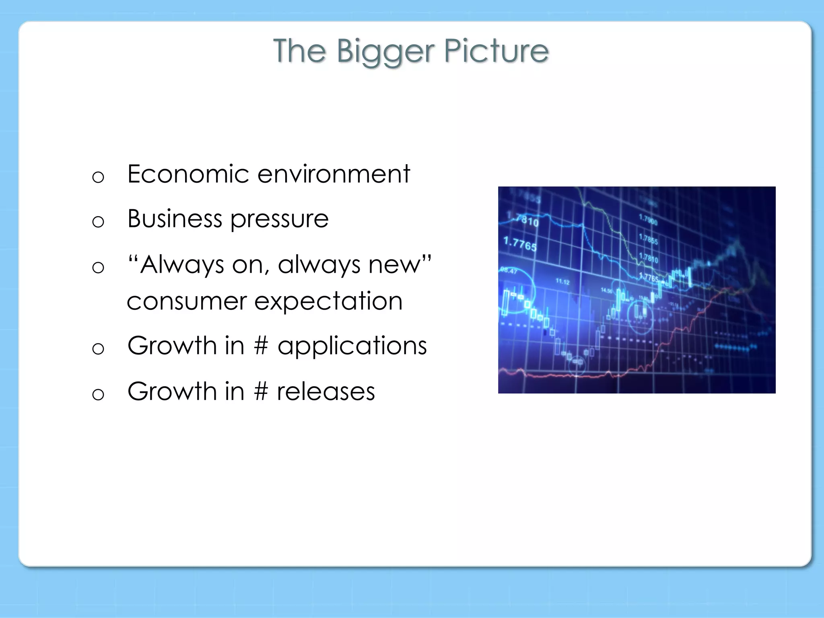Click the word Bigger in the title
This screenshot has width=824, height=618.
pyautogui.click(x=385, y=51)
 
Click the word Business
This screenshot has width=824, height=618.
pyautogui.click(x=175, y=219)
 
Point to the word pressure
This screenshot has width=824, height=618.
pyautogui.click(x=279, y=220)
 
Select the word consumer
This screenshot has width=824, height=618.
pyautogui.click(x=186, y=301)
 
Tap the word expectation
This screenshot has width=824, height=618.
pyautogui.click(x=328, y=301)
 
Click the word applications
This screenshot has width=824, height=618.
pyautogui.click(x=352, y=346)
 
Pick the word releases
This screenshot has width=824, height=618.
pyautogui.click(x=325, y=391)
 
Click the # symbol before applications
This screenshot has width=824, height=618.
pyautogui.click(x=261, y=346)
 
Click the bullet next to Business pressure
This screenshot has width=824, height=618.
pyautogui.click(x=98, y=222)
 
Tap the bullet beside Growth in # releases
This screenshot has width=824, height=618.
pyautogui.click(x=98, y=394)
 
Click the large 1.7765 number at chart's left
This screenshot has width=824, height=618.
pyautogui.click(x=520, y=244)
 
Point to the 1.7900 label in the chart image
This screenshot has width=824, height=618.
pyautogui.click(x=648, y=220)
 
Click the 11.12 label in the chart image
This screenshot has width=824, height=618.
pyautogui.click(x=562, y=282)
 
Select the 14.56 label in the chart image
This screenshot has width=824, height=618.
pyautogui.click(x=606, y=290)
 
